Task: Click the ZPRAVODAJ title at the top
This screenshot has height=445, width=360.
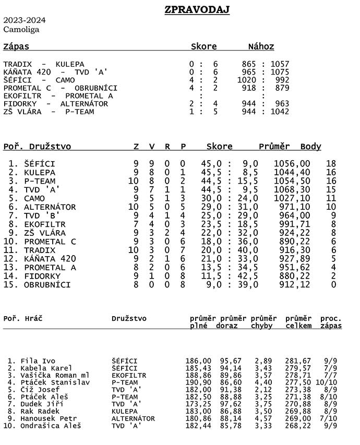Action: (197, 10)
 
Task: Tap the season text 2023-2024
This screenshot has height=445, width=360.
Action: (24, 20)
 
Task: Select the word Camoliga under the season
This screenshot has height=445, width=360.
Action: (21, 29)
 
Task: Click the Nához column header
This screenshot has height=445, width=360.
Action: (261, 46)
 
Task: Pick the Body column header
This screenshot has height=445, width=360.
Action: (311, 147)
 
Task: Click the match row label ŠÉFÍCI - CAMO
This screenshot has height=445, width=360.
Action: (39, 80)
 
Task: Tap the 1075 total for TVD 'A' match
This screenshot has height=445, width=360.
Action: (280, 72)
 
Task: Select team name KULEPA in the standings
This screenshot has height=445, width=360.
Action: (40, 172)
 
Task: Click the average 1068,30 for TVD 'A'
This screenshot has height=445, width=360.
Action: (292, 189)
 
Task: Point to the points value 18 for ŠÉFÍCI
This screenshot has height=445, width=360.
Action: (330, 164)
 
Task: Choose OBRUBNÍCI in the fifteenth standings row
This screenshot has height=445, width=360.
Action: (47, 285)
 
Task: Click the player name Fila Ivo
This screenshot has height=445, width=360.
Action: (38, 361)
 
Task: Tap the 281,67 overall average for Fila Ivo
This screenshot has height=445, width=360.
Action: (298, 361)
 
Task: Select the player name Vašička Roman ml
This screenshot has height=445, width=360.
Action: (55, 375)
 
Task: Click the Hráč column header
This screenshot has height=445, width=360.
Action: (31, 318)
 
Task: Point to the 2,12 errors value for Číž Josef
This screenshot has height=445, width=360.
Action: (262, 389)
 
